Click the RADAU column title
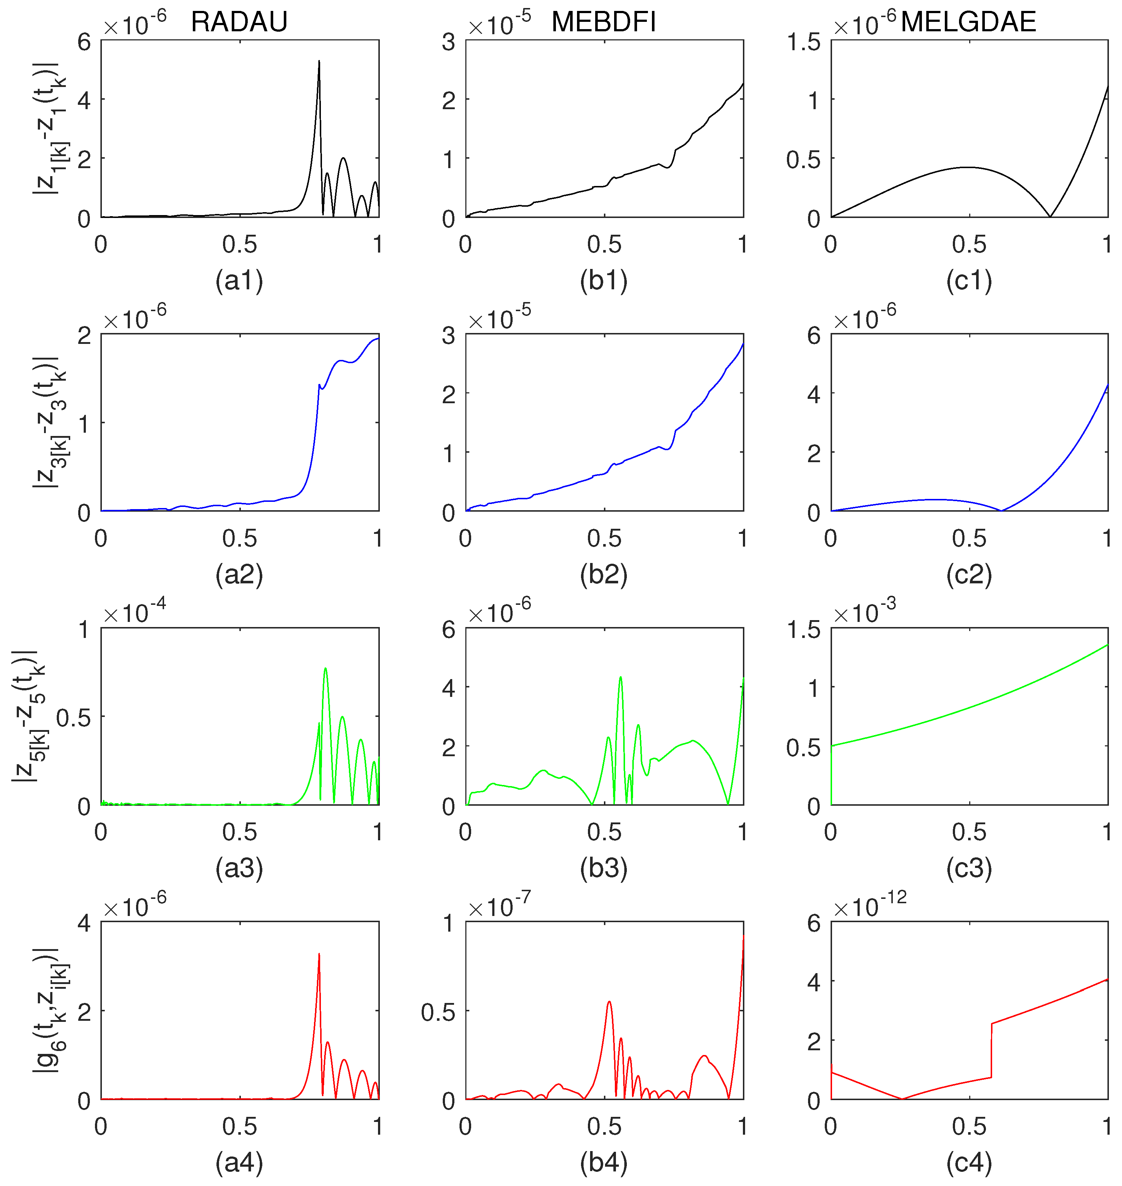[x=239, y=22]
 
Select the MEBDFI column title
[x=604, y=22]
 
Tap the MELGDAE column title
[x=968, y=22]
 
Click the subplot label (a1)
[x=239, y=281]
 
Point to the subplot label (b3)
[x=604, y=868]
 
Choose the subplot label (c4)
[x=969, y=1163]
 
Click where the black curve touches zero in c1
[x=1050, y=216]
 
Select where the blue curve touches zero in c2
[x=1001, y=511]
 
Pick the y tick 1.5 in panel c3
[x=803, y=630]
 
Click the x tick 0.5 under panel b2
[x=604, y=539]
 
